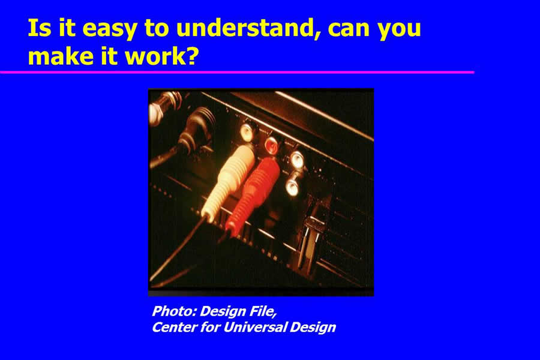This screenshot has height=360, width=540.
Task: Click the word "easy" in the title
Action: click(x=109, y=29)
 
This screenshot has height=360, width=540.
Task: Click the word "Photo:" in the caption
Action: click(x=174, y=311)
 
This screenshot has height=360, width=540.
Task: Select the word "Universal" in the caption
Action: click(x=254, y=327)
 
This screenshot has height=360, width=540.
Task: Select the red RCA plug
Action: click(x=253, y=194)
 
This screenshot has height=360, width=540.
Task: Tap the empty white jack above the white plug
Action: click(x=247, y=131)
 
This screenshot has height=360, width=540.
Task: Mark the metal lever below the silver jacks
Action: click(x=311, y=241)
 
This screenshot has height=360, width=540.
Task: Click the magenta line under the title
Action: click(x=237, y=72)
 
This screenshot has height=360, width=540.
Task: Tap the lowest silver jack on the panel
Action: click(x=293, y=187)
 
